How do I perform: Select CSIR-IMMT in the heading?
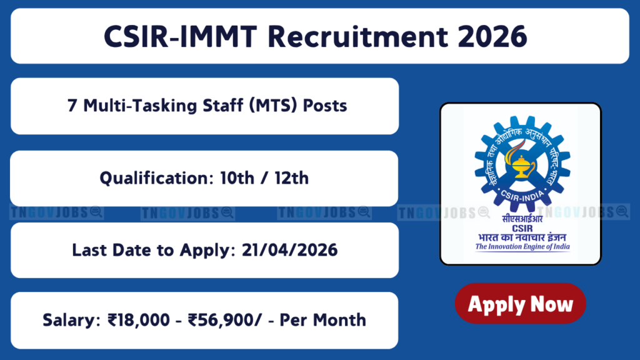coord(181,37)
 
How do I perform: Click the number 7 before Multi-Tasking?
coord(72,106)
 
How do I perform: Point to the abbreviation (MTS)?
coord(273,106)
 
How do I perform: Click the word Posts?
coord(325,106)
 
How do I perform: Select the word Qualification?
coord(157,178)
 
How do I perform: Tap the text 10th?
coord(237,178)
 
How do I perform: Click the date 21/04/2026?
coord(290,250)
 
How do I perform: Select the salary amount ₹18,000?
coord(139,320)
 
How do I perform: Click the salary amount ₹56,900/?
coord(225,320)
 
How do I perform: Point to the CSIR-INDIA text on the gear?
coord(522,196)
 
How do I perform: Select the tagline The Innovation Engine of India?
coord(522,246)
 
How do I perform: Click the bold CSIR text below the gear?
coord(522,229)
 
